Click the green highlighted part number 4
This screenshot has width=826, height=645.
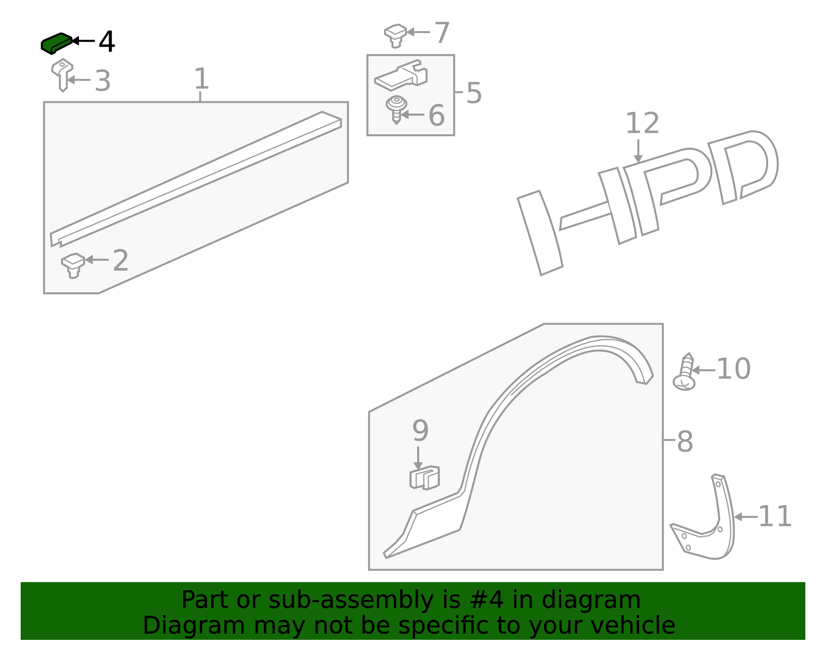[x=56, y=43]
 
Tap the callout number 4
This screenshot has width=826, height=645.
[x=107, y=42]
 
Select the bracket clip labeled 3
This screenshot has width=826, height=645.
[x=62, y=74]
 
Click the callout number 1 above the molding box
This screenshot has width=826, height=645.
[x=201, y=79]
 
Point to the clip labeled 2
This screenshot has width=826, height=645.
[x=73, y=264]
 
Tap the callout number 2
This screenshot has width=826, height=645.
[x=120, y=261]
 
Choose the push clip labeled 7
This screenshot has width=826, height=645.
[x=395, y=35]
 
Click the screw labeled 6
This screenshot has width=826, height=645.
[x=396, y=109]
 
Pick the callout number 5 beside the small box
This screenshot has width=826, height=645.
[x=473, y=93]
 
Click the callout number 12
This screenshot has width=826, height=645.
[x=642, y=123]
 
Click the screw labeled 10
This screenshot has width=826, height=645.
[x=685, y=373]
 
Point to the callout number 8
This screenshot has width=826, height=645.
[x=685, y=442]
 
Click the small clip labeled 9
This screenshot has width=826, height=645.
[x=424, y=478]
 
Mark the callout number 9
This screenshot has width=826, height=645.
[x=420, y=431]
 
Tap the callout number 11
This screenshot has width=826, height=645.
[x=774, y=516]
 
